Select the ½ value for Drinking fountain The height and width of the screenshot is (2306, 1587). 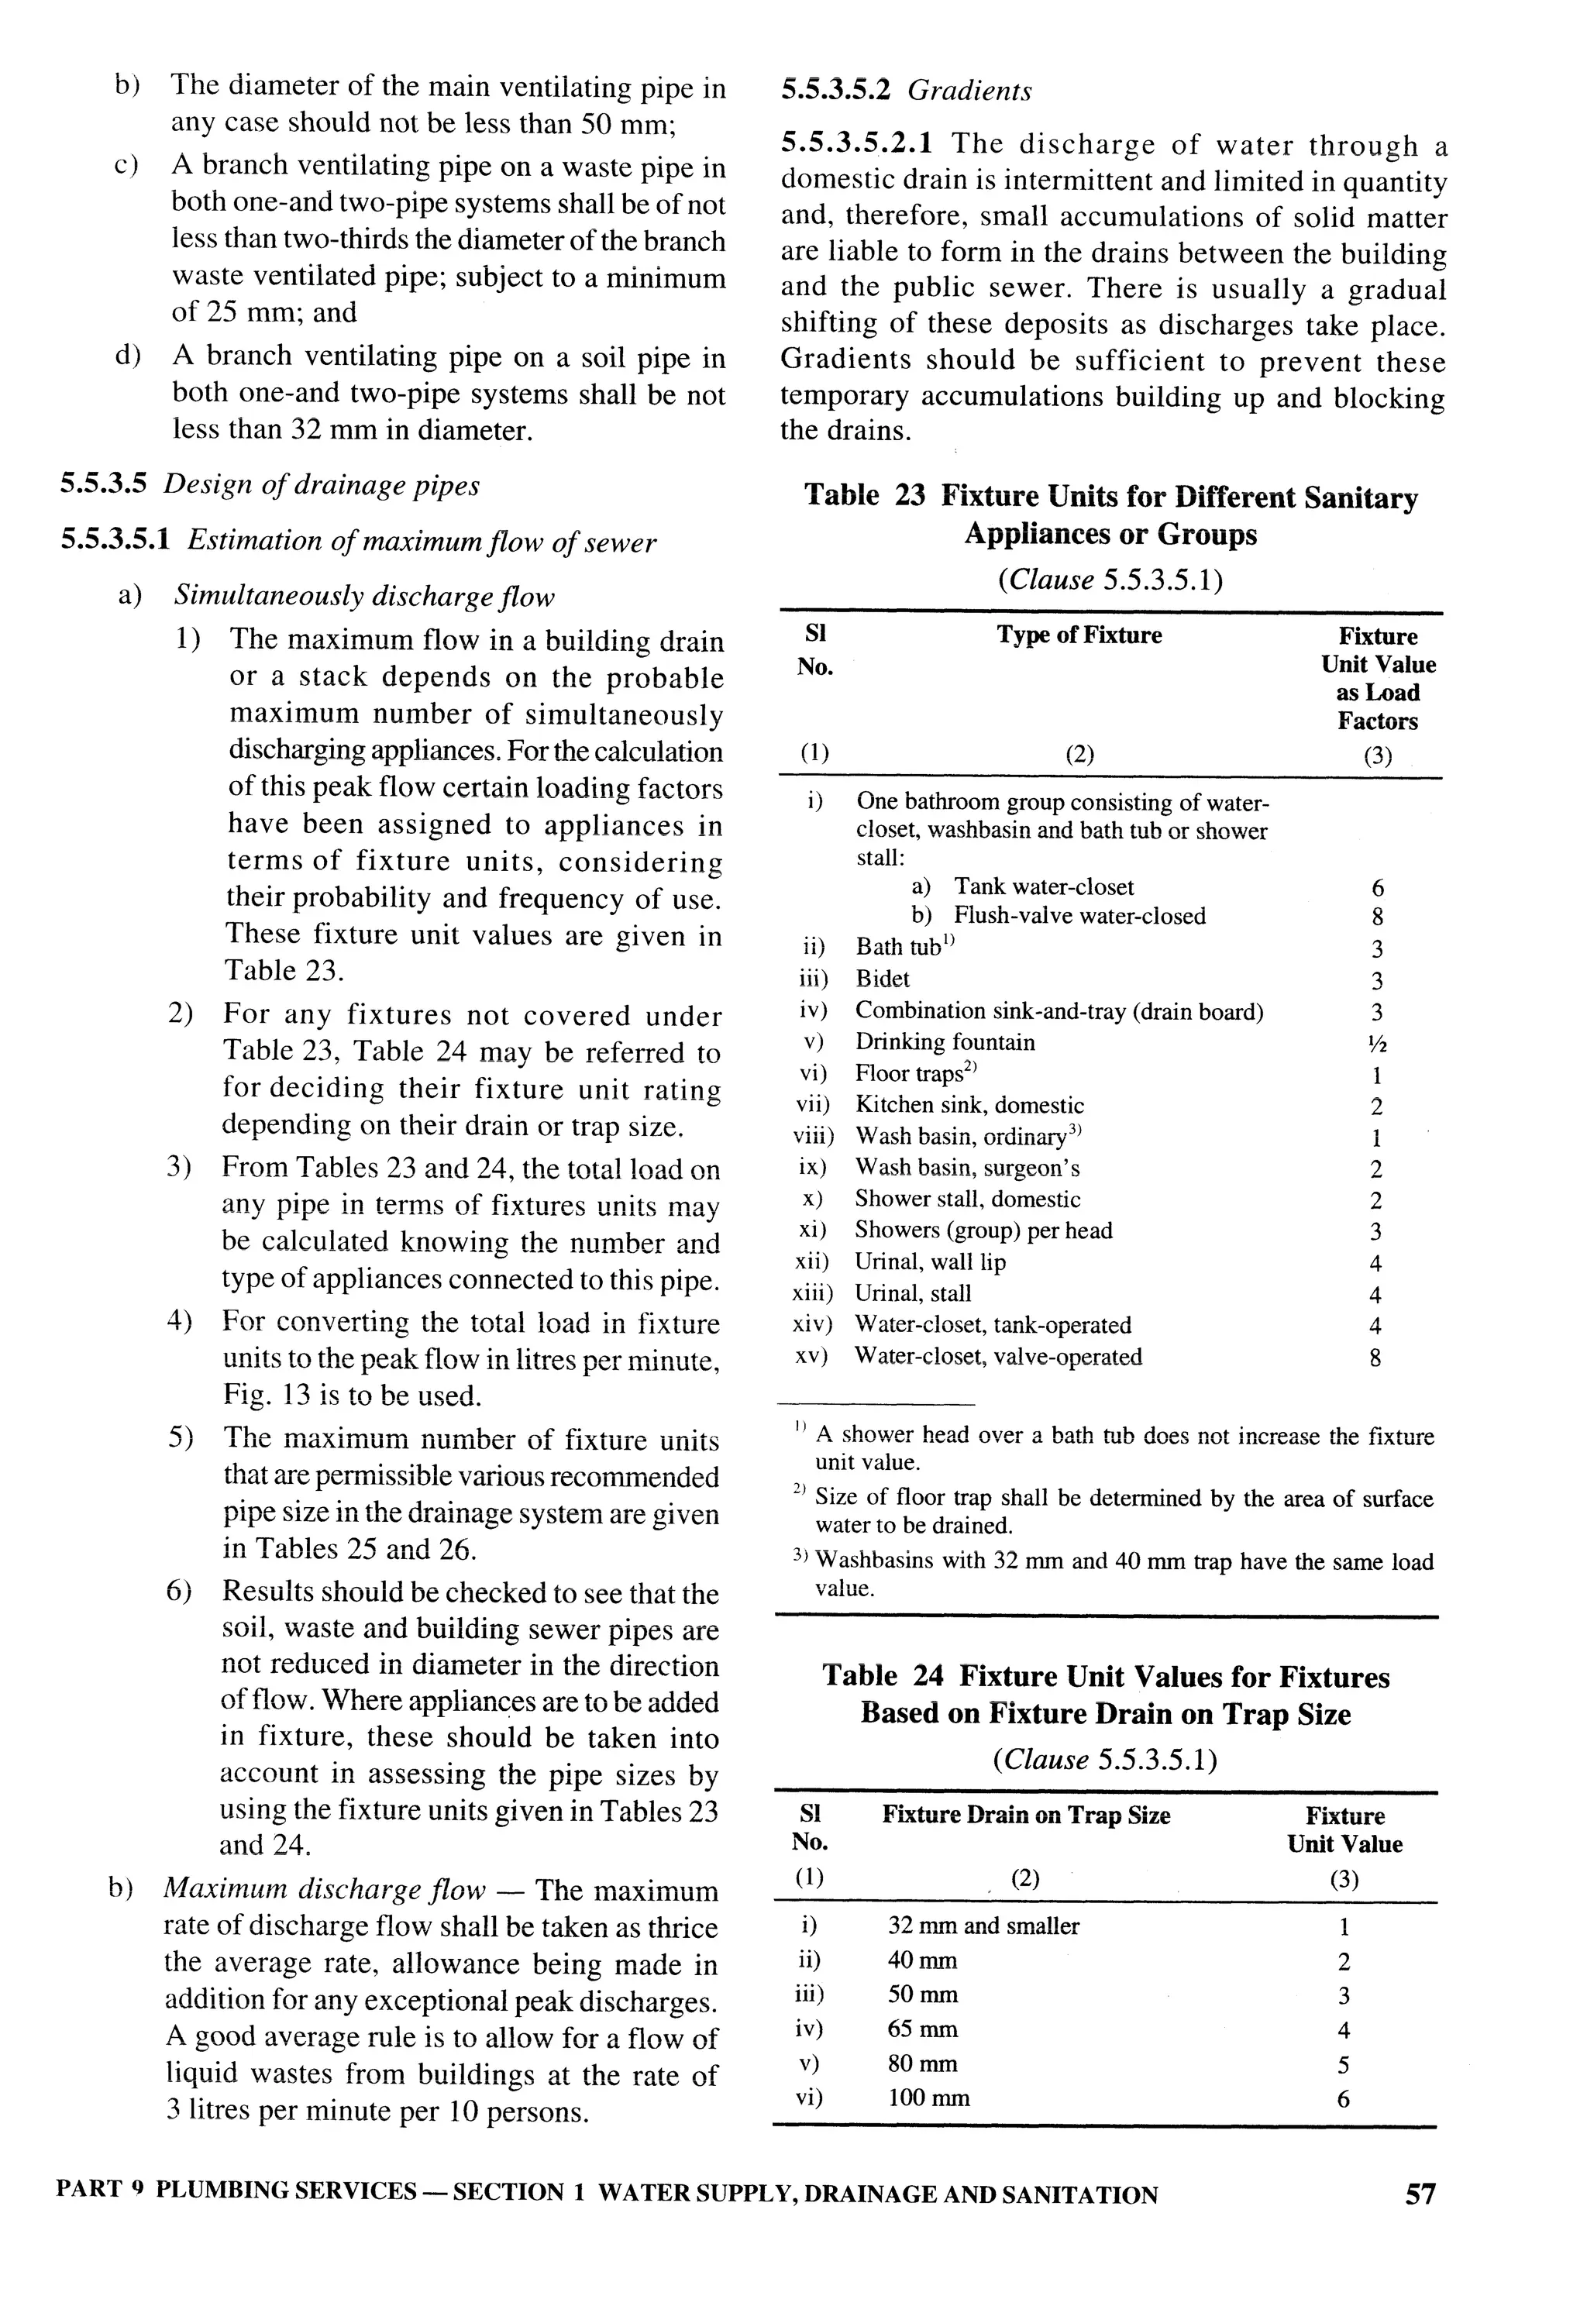pyautogui.click(x=1377, y=1043)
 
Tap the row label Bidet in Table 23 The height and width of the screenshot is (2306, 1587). pyautogui.click(x=882, y=979)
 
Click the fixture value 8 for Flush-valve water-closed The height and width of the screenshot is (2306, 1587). pyautogui.click(x=1377, y=917)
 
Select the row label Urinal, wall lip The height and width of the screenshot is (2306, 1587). pyautogui.click(x=930, y=1262)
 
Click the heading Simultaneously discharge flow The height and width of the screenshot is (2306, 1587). pyautogui.click(x=364, y=597)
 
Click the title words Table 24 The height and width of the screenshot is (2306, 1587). pyautogui.click(x=882, y=1677)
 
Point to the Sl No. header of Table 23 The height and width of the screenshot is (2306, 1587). pyautogui.click(x=814, y=650)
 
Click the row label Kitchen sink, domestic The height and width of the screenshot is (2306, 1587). pyautogui.click(x=969, y=1105)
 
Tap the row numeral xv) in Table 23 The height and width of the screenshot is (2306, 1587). pyautogui.click(x=811, y=1356)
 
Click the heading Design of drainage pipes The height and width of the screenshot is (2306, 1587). pyautogui.click(x=321, y=485)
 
